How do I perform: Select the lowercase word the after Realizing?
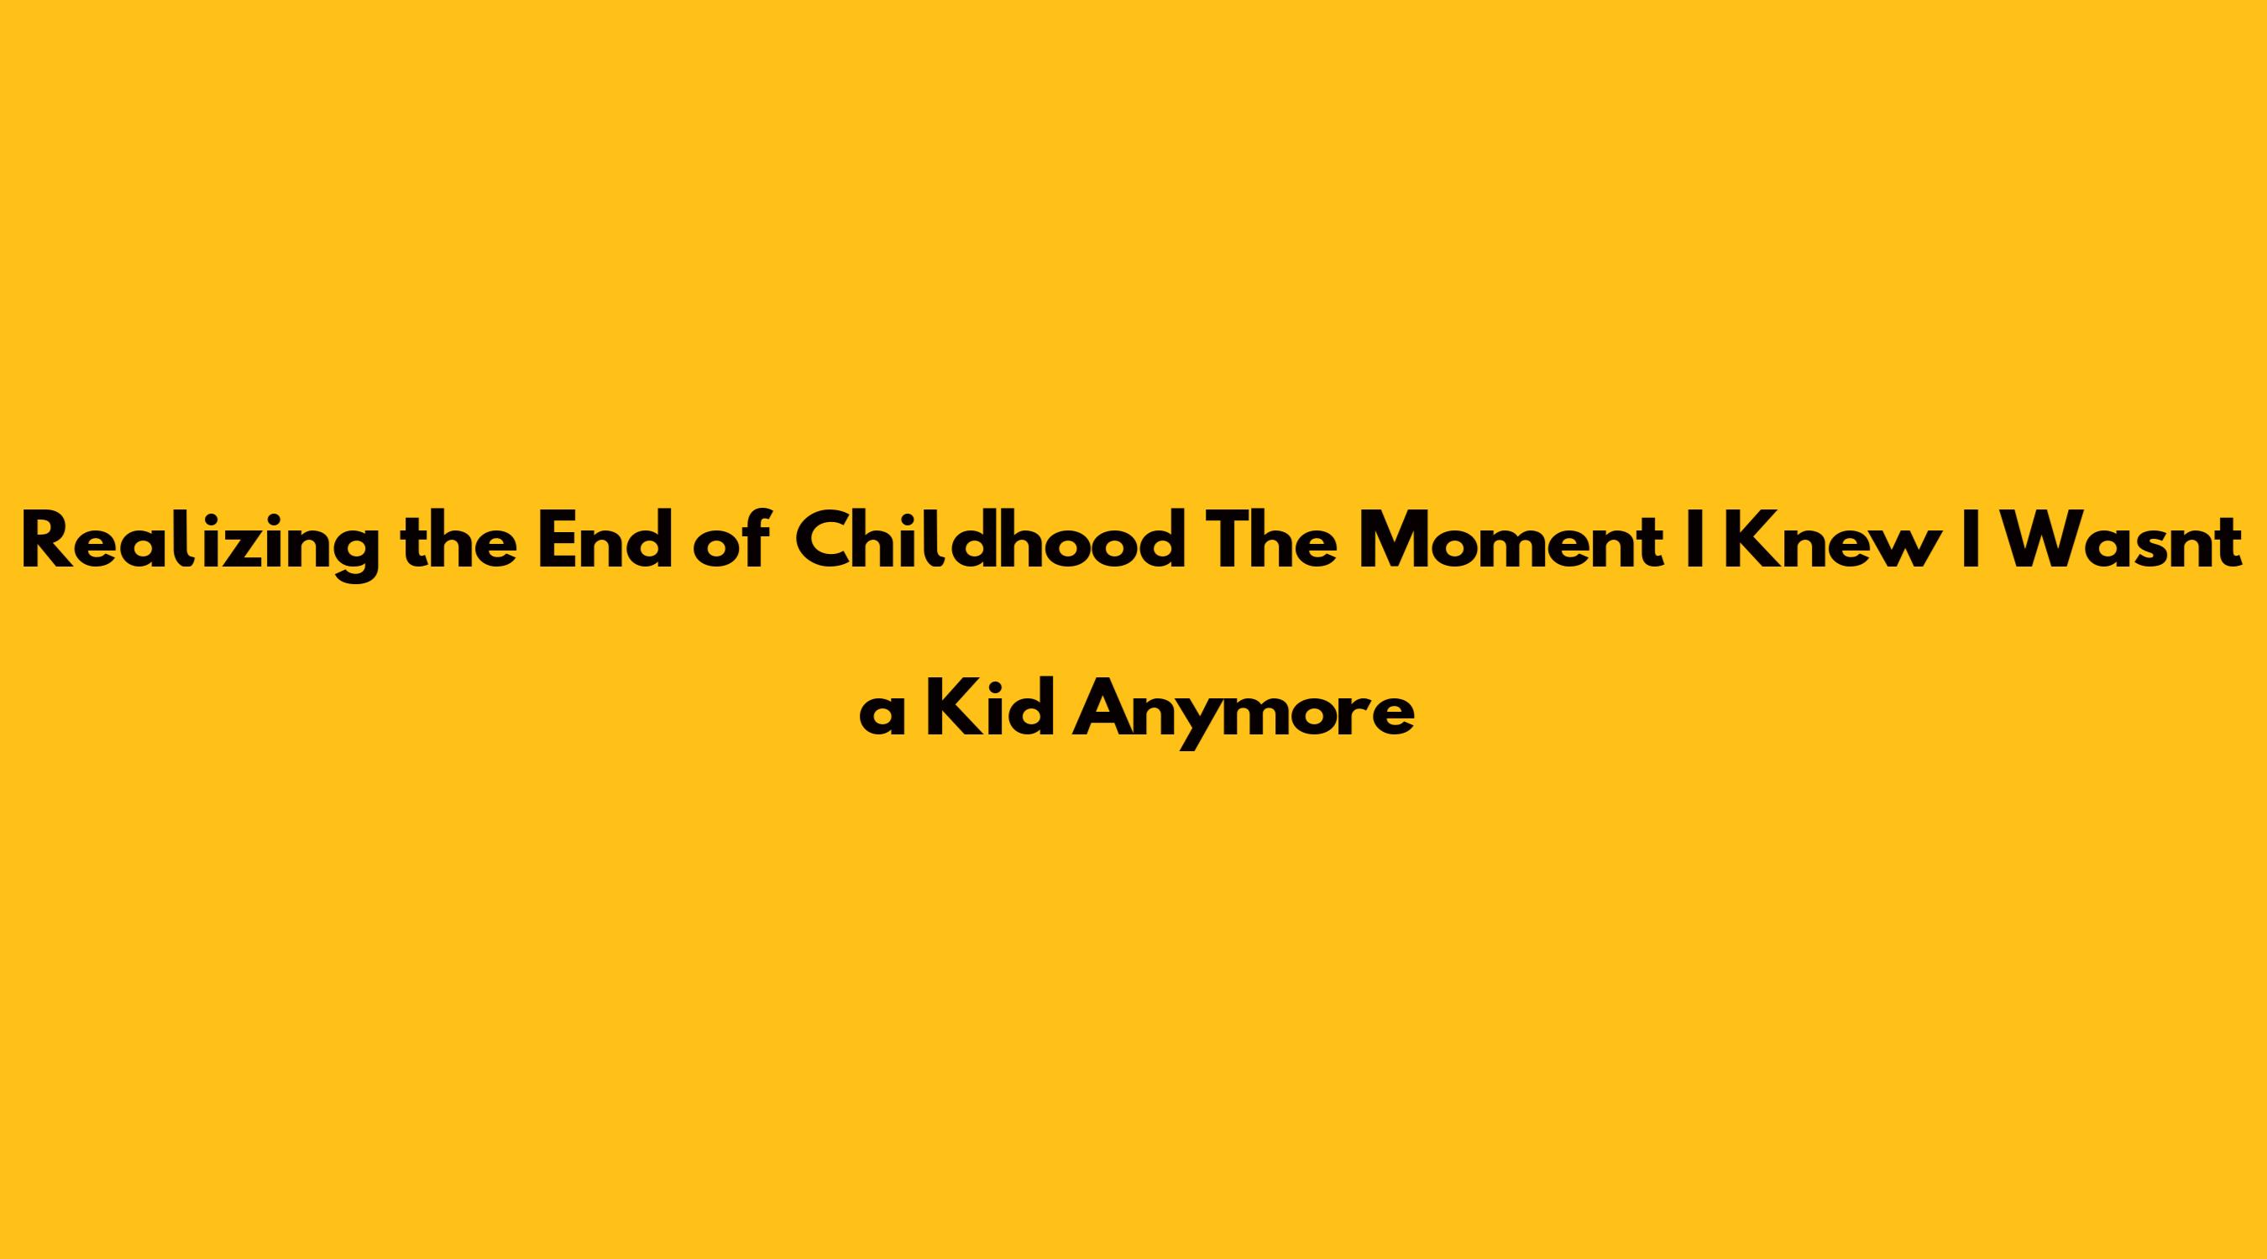pos(458,540)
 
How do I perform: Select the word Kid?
pos(991,708)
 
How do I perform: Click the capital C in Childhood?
pos(828,540)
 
